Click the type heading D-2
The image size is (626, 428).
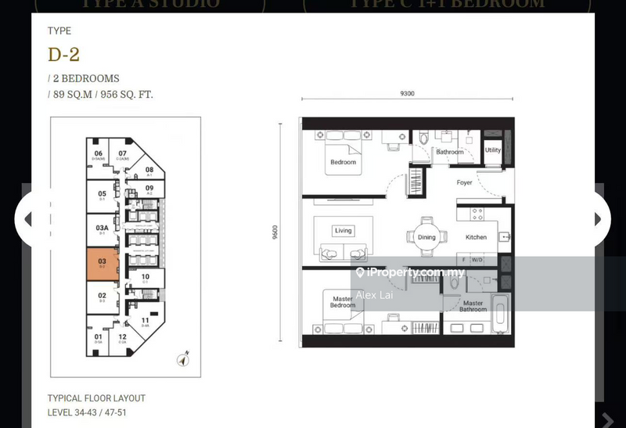(63, 55)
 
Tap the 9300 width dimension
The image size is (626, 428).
(407, 93)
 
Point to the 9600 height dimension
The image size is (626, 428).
(275, 233)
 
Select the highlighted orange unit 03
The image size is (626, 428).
(102, 263)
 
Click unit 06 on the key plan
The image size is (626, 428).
(99, 155)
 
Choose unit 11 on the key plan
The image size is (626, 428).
(145, 321)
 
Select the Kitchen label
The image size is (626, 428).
(476, 237)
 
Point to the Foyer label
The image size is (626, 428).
(465, 183)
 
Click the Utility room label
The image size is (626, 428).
(493, 150)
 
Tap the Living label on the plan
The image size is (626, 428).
(344, 231)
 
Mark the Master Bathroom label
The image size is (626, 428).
(473, 306)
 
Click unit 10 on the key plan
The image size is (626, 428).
(145, 277)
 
